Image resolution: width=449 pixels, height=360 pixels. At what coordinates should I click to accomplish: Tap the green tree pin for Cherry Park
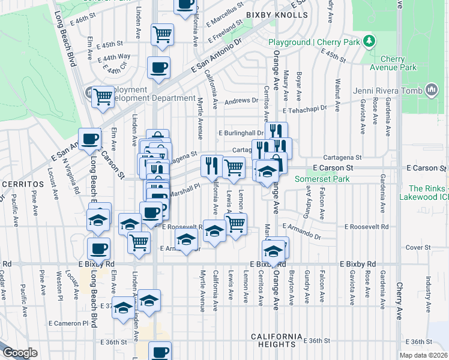(x=371, y=41)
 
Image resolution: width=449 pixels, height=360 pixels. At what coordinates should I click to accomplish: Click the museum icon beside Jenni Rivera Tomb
(x=430, y=91)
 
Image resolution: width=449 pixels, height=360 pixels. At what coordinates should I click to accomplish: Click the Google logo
(x=19, y=353)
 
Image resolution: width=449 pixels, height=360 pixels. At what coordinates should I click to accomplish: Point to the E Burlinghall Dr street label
(x=241, y=133)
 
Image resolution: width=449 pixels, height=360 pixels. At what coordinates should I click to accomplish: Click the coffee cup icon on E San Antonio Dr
(x=158, y=68)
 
